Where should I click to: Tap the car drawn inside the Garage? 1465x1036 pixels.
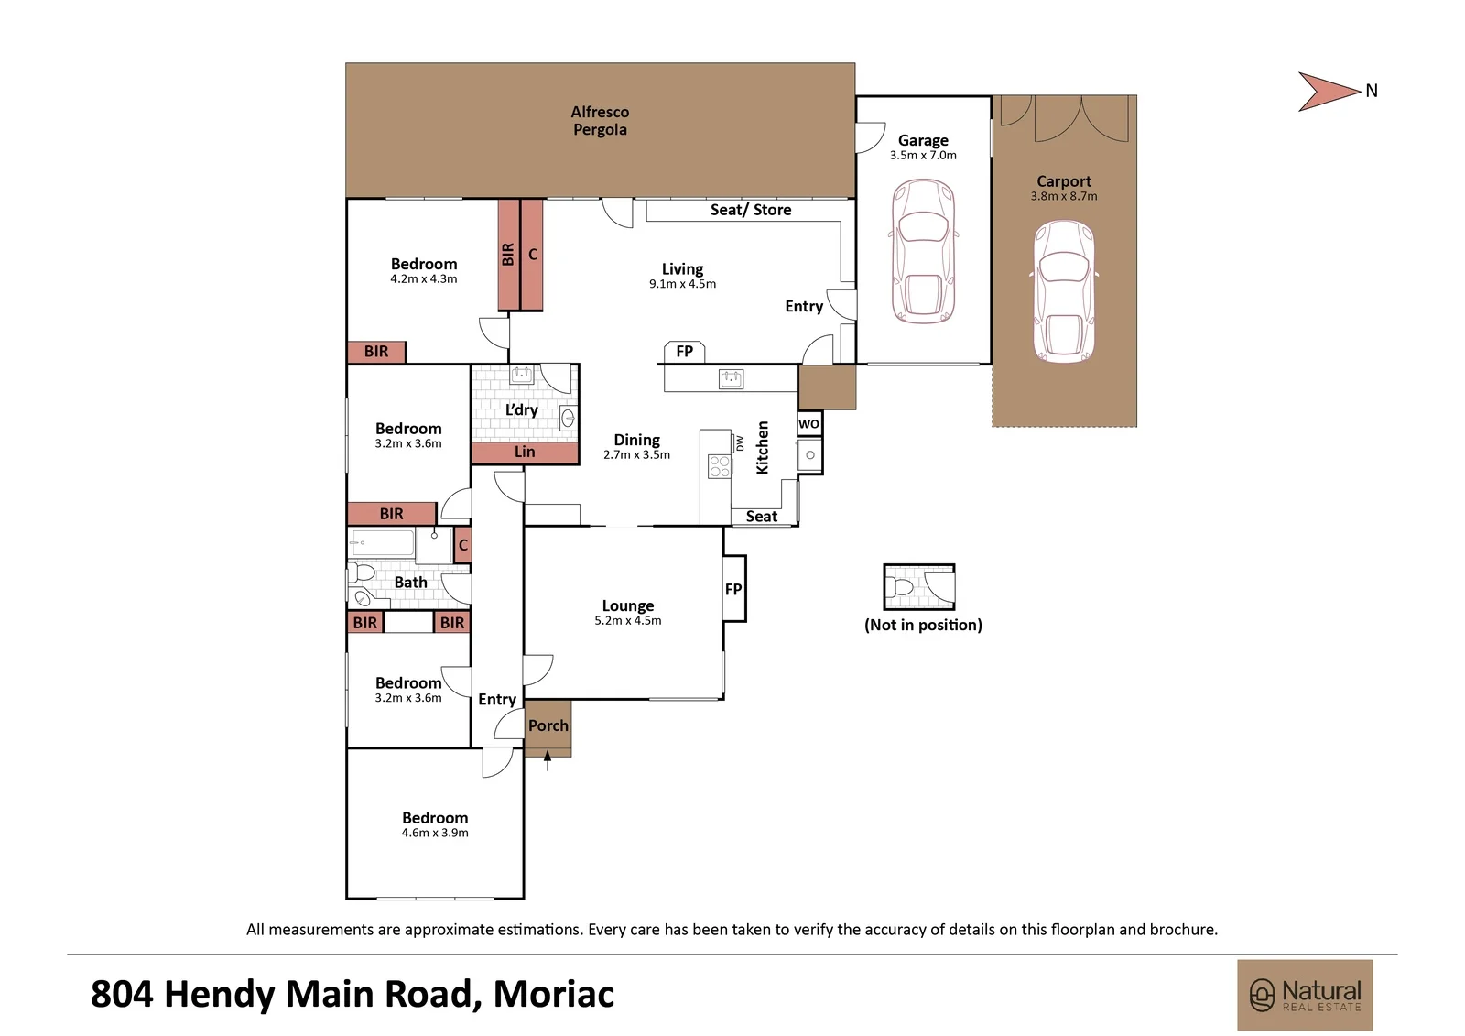click(x=923, y=251)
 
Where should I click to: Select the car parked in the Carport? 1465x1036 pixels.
click(x=1064, y=291)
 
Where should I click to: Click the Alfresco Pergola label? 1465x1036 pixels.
click(x=600, y=121)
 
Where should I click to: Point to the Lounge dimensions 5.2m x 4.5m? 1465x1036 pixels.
click(x=628, y=620)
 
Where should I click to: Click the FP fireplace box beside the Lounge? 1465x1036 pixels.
click(x=734, y=588)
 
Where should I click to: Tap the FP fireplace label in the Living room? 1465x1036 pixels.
click(x=685, y=352)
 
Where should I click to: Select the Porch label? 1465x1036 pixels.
click(x=548, y=725)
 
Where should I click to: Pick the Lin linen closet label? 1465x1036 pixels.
click(x=525, y=452)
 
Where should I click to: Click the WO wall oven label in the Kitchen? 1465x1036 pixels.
click(x=809, y=423)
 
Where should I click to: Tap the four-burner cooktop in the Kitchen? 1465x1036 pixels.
click(x=720, y=466)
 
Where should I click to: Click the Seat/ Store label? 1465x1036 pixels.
click(x=751, y=210)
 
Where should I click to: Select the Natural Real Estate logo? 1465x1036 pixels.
click(x=1305, y=996)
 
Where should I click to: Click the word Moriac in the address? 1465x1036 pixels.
click(x=554, y=994)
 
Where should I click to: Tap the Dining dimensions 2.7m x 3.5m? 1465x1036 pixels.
click(x=636, y=455)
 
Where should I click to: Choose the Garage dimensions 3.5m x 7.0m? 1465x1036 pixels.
click(x=923, y=156)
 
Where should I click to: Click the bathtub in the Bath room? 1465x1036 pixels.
click(x=381, y=543)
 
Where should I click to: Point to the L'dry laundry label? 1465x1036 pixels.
click(x=521, y=410)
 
